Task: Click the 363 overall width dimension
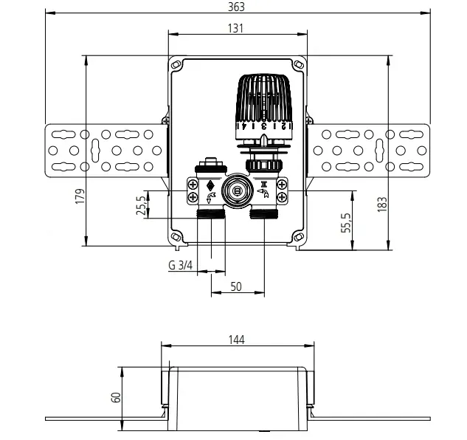236,7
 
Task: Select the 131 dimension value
235,28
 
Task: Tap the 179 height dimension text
80,196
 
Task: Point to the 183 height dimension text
382,204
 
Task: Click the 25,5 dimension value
141,205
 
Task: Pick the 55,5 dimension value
346,223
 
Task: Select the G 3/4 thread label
181,265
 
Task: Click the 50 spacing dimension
236,286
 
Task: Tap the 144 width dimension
237,340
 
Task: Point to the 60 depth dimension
116,397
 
